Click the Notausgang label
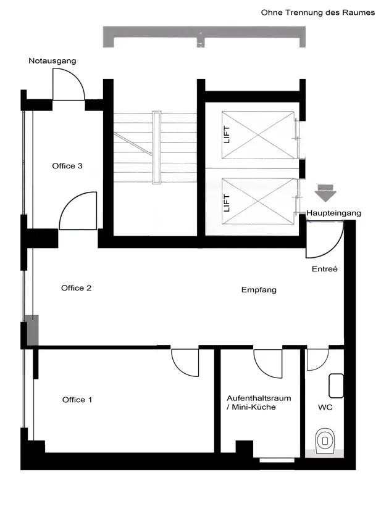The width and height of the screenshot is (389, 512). pos(52,61)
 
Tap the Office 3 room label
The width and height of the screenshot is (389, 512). pos(67,166)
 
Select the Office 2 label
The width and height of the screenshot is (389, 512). pos(76,288)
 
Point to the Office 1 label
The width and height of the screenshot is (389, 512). pos(77,400)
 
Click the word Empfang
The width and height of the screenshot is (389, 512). pos(259,290)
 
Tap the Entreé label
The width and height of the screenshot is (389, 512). pos(325,269)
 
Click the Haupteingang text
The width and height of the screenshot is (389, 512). pos(334,213)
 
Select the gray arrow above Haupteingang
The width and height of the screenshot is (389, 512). pos(325,192)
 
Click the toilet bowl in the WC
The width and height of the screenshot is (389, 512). pos(325,441)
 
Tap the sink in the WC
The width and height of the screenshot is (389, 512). pos(336,386)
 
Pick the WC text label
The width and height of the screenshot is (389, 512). pos(325,407)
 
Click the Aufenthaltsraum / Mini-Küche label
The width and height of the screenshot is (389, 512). pos(259,403)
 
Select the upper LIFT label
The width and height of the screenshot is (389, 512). pos(227,134)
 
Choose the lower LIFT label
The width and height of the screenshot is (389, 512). pos(227,203)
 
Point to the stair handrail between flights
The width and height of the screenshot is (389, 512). pos(157,148)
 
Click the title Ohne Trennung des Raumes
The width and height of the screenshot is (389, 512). pos(318,13)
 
